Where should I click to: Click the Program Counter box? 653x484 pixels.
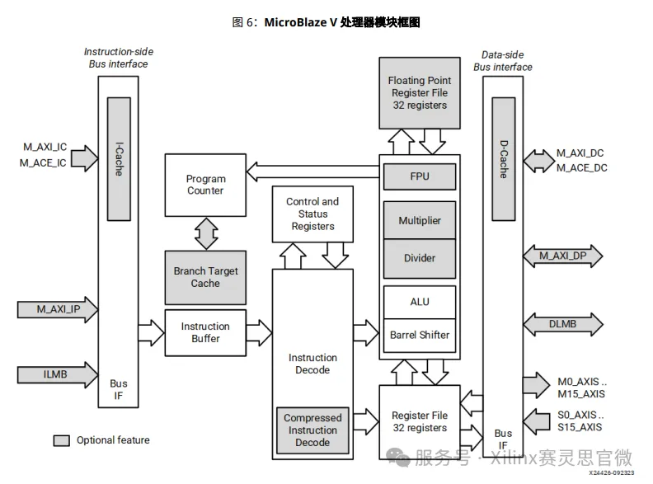click(x=205, y=186)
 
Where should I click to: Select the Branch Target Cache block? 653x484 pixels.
click(x=205, y=277)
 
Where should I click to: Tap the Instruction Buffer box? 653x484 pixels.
click(x=205, y=332)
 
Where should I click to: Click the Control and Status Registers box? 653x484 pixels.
click(x=312, y=214)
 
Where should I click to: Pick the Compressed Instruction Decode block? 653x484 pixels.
click(x=312, y=430)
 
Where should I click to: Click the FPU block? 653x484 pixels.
click(x=420, y=176)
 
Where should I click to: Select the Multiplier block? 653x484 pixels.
click(x=420, y=220)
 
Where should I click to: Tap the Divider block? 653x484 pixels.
click(x=420, y=258)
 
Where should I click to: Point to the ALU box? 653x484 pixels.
click(x=420, y=302)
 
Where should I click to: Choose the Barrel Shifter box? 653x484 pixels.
click(x=420, y=335)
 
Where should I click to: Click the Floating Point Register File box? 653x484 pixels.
click(x=420, y=92)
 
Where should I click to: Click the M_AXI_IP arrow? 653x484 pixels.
click(x=58, y=309)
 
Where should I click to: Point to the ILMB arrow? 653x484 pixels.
click(x=58, y=375)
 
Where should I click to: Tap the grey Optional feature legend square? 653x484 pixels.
click(x=61, y=440)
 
